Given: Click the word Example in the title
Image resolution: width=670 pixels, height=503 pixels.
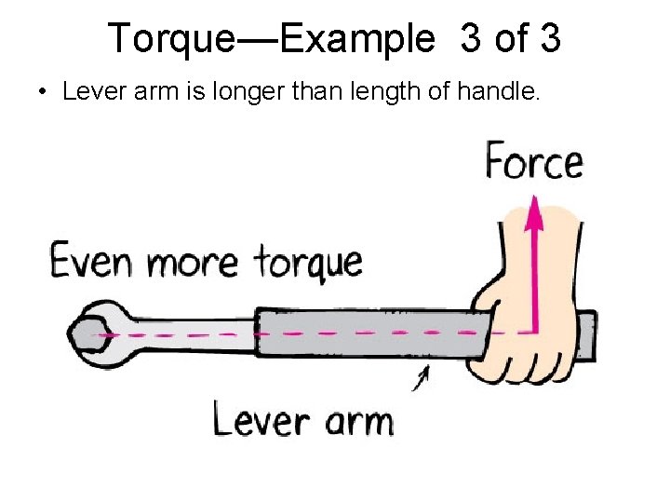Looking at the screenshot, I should [356, 39].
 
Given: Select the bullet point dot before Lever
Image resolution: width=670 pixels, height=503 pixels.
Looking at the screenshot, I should [43, 93].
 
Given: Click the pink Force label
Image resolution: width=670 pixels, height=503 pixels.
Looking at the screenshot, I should [534, 162].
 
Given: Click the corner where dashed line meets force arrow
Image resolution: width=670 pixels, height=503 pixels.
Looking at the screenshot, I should [534, 333].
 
